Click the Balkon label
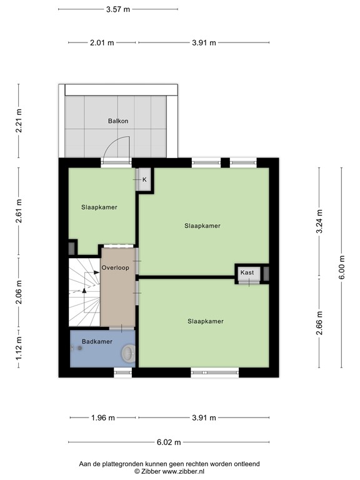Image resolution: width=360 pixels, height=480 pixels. coord(117,121)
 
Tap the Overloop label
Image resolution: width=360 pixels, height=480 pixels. coord(115,267)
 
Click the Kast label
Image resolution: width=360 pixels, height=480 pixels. coord(247,273)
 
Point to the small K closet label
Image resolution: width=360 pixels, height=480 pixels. coord(144,180)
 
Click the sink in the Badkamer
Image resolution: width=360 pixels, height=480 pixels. coord(127,354)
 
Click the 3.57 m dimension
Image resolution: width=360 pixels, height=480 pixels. coord(118,9)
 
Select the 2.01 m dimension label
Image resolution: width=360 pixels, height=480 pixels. coord(101,43)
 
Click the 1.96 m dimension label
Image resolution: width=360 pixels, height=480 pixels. coord(102,418)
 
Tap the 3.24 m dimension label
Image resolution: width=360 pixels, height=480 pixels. coord(319,221)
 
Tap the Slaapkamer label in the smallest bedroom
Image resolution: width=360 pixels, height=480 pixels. coord(99,207)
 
